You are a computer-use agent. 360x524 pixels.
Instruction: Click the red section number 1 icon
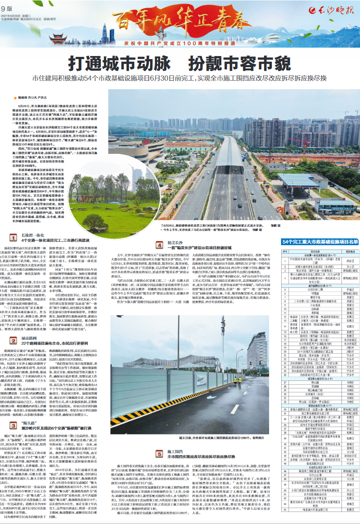13,237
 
